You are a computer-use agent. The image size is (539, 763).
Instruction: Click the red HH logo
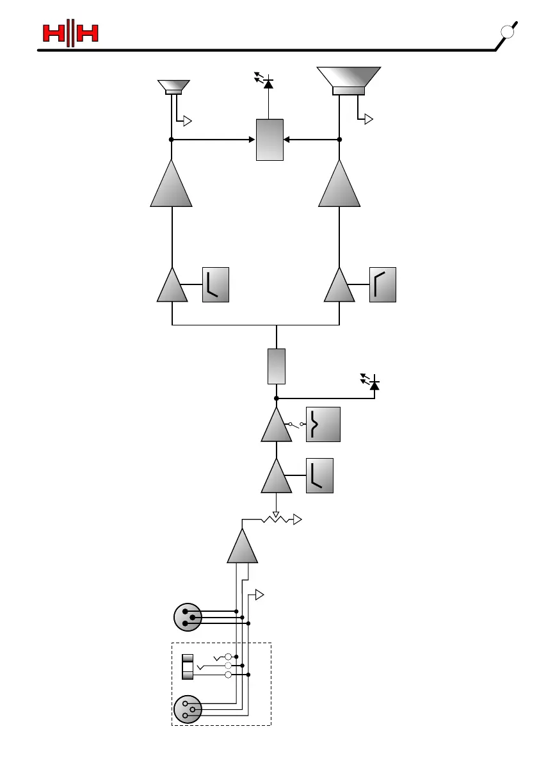coord(70,33)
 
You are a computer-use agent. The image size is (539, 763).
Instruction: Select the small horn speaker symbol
coord(173,87)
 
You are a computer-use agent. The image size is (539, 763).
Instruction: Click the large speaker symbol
coord(349,80)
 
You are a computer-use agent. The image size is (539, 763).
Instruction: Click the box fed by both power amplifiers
coord(269,139)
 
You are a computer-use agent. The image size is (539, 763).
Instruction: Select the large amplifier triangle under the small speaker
coord(172,186)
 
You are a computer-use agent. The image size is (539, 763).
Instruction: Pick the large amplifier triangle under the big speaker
coord(339,186)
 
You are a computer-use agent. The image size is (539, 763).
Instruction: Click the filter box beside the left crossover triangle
coord(215,284)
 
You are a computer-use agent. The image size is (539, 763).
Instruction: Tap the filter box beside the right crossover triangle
coord(383,284)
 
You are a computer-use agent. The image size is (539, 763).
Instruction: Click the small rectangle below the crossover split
coord(276,366)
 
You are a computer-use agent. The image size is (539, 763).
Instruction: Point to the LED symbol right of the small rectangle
coord(372,383)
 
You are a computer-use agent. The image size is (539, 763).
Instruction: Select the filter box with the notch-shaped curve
coord(323,424)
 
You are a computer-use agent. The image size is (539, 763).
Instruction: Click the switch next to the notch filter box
coord(296,424)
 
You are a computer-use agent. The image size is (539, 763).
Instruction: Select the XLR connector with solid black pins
coord(188,617)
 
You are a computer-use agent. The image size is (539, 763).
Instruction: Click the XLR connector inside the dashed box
coord(188,709)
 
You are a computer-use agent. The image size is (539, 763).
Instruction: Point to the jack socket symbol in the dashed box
coord(188,666)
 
